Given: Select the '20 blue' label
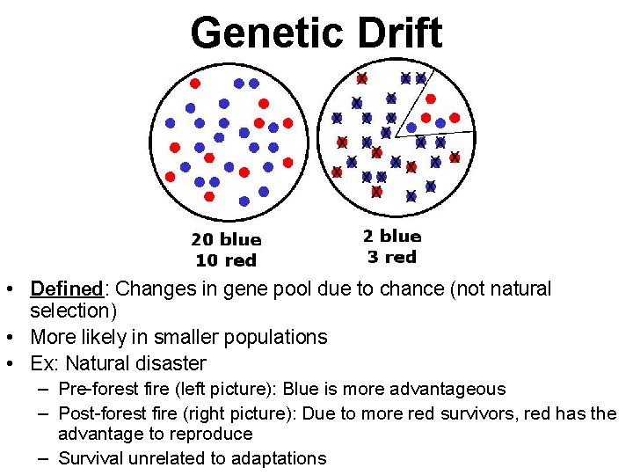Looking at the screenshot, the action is tap(226, 239).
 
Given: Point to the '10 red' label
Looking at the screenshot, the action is tap(226, 260).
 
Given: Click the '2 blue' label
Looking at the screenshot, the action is tap(392, 236).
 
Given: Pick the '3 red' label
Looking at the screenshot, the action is tap(392, 257).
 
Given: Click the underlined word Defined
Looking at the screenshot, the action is tap(66, 289).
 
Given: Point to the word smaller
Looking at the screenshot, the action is tap(177, 337).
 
